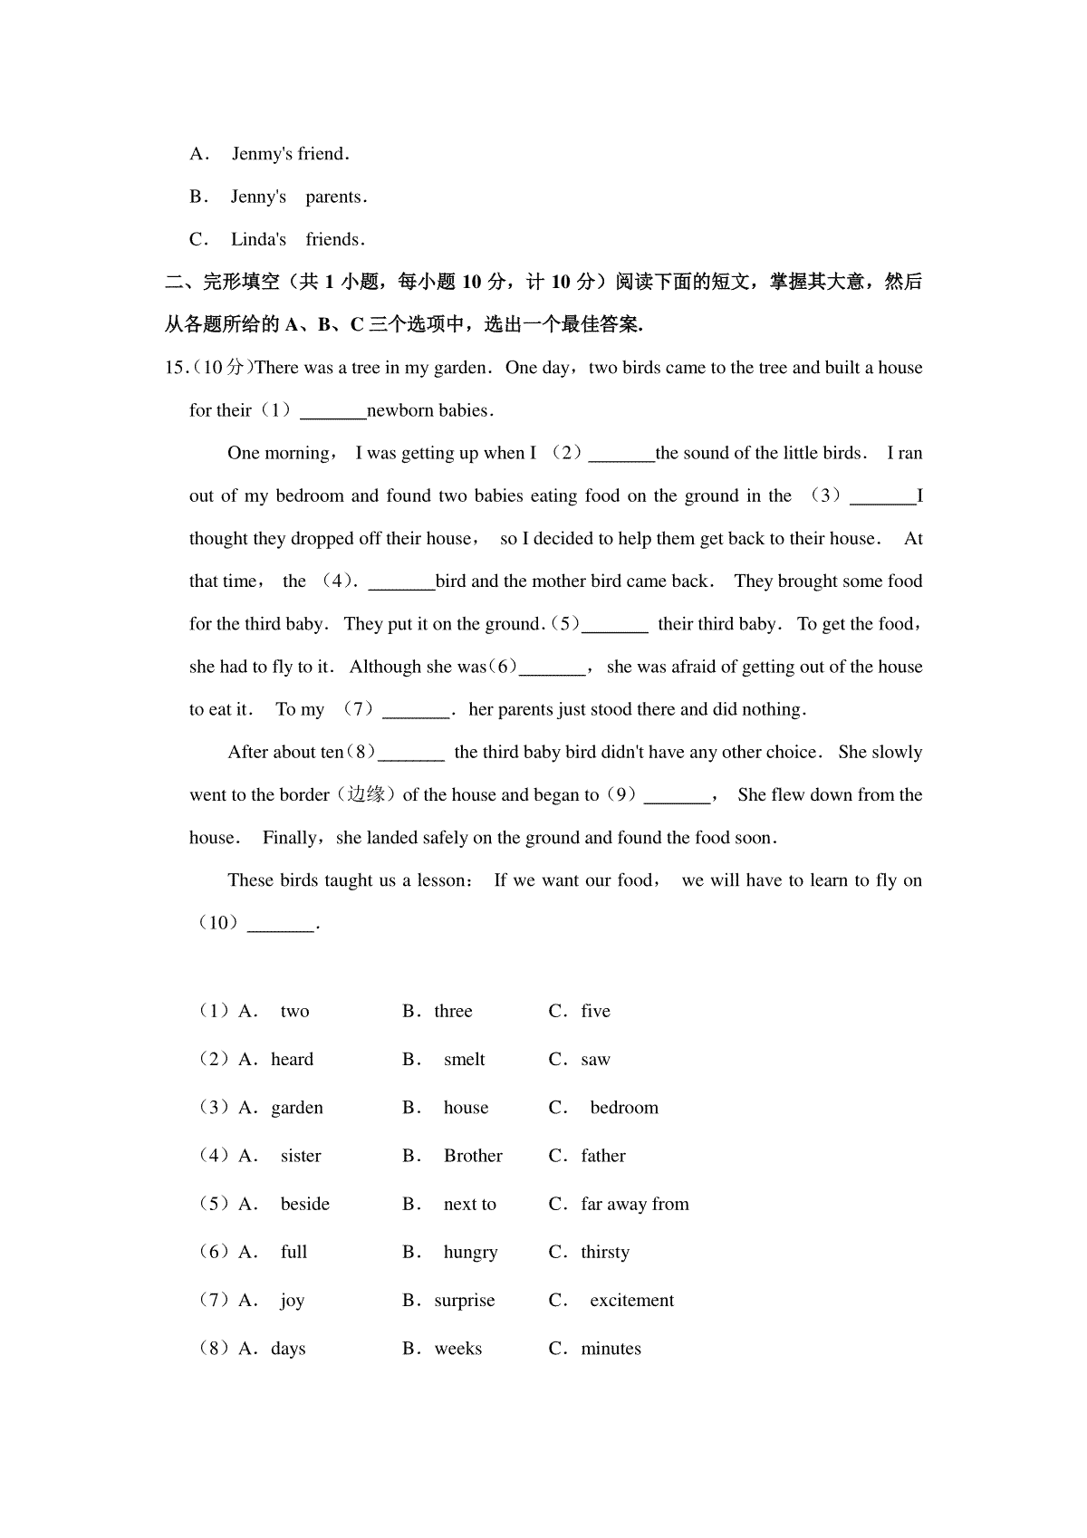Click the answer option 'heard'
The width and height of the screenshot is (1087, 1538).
click(x=292, y=1060)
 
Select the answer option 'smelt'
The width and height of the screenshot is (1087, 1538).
click(x=464, y=1060)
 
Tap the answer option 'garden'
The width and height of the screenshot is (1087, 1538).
click(x=296, y=1108)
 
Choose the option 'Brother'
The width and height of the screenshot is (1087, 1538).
click(x=472, y=1156)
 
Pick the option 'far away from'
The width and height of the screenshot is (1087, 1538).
click(x=634, y=1204)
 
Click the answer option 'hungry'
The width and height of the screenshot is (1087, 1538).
click(x=470, y=1253)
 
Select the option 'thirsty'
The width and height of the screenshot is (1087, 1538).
click(x=604, y=1253)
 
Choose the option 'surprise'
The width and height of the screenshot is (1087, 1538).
click(x=464, y=1301)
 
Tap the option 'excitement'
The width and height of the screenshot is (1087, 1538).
click(x=631, y=1301)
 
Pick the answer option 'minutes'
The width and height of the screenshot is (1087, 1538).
click(x=611, y=1349)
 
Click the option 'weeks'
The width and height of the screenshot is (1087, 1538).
click(x=457, y=1349)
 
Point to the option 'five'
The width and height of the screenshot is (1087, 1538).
click(x=595, y=1012)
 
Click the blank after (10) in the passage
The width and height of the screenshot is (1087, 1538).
click(x=281, y=925)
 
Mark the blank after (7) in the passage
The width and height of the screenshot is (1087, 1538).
click(x=416, y=711)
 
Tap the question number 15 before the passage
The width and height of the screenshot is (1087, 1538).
click(x=175, y=368)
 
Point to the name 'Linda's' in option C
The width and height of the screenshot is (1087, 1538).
click(x=258, y=240)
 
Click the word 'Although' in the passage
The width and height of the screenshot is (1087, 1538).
click(x=385, y=668)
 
